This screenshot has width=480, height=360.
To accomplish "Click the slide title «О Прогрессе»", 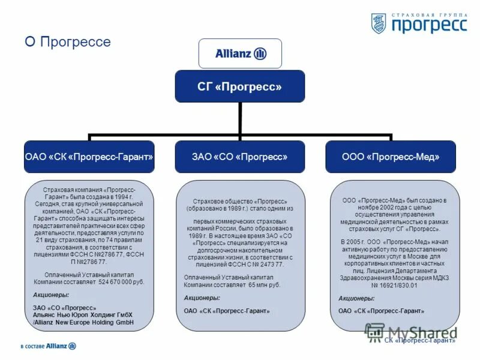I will click(x=68, y=41).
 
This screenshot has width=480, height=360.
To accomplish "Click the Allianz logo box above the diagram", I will click(x=240, y=54).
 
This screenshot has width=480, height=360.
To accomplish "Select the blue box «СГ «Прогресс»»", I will click(x=240, y=86).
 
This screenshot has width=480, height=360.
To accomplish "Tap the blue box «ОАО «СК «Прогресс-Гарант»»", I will click(x=89, y=157).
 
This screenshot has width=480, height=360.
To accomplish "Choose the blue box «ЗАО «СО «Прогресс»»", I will click(x=240, y=157).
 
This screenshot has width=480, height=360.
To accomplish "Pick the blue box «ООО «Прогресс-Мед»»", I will click(x=391, y=157).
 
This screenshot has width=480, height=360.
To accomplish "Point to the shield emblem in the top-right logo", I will click(x=379, y=23).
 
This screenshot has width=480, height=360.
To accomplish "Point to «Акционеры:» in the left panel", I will click(x=51, y=295).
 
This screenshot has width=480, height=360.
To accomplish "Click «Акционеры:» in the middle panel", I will click(x=202, y=298).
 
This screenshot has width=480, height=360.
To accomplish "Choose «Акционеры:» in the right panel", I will click(x=356, y=298).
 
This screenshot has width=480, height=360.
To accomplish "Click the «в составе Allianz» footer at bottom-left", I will click(x=48, y=346).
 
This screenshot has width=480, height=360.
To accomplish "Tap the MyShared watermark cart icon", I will click(x=375, y=331).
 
